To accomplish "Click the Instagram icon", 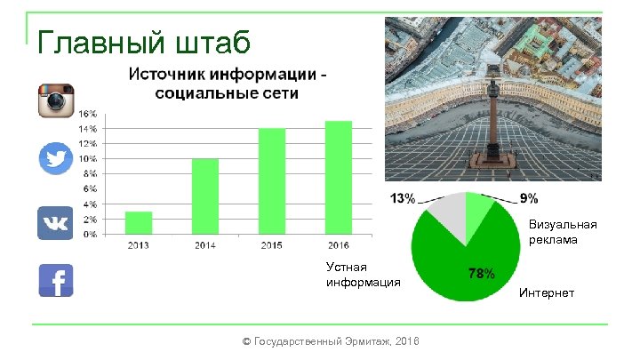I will [55, 100].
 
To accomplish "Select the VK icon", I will [55, 222].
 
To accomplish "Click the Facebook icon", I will [55, 281].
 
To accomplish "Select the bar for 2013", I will [138, 223].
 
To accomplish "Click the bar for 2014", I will [204, 196].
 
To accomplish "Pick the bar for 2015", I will [272, 181].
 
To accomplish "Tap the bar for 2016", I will [339, 178].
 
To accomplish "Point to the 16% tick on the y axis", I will [89, 114].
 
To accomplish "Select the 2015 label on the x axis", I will [272, 244].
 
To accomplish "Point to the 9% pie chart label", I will [528, 197].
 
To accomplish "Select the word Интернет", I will [547, 292].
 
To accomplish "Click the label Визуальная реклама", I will [563, 233].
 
